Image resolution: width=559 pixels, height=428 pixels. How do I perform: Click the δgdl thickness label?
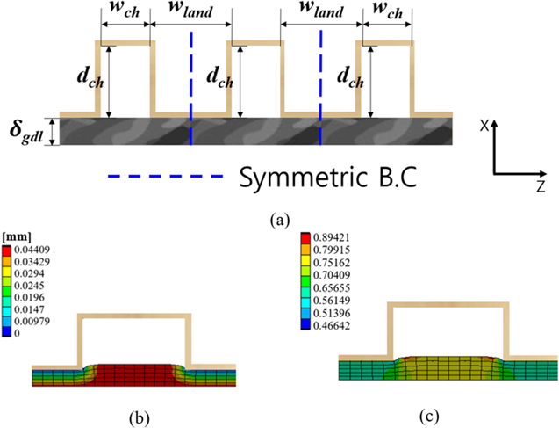(23, 134)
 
